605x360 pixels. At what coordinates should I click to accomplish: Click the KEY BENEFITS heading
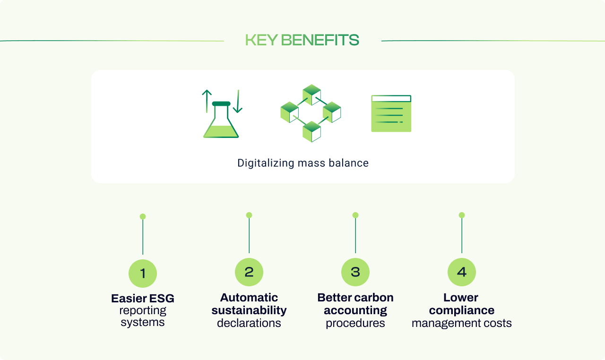click(302, 40)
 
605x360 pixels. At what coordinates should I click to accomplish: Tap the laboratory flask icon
click(221, 122)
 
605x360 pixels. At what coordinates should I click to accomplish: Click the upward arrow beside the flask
click(207, 101)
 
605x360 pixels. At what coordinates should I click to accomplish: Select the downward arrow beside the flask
click(237, 102)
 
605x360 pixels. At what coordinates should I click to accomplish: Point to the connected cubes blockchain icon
click(311, 113)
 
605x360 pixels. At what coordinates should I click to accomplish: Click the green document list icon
click(391, 113)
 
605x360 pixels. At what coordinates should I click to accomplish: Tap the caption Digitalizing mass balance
click(302, 163)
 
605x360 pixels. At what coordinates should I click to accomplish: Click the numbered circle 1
click(143, 273)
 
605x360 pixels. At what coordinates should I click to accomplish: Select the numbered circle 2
click(249, 272)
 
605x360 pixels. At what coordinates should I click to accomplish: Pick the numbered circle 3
click(355, 272)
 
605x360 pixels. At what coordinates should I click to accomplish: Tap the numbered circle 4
click(462, 272)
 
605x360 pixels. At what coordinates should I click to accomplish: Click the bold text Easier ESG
click(143, 299)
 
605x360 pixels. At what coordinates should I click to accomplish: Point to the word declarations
click(249, 323)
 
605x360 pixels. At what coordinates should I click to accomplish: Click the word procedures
click(355, 323)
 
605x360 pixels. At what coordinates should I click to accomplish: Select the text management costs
click(462, 323)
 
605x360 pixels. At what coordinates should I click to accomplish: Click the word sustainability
click(249, 310)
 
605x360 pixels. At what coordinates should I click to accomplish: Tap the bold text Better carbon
click(355, 298)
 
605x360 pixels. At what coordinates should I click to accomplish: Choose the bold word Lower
click(461, 298)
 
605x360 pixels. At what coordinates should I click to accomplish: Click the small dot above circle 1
click(143, 216)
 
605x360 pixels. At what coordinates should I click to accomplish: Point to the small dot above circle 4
click(462, 215)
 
